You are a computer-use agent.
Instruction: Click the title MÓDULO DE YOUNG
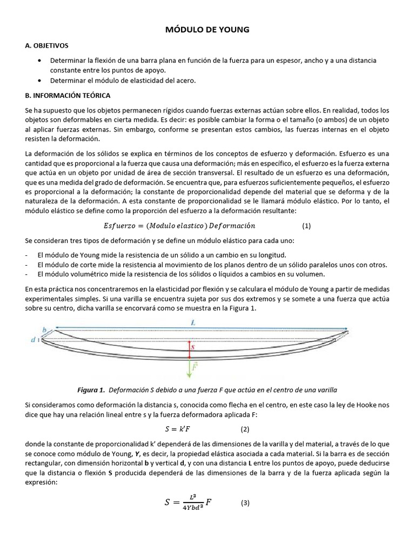pos(207,30)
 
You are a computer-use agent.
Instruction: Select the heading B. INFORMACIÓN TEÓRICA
pos(68,95)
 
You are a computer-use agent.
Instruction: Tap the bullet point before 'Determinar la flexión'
pos(41,61)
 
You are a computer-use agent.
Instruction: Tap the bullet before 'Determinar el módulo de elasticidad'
pos(41,81)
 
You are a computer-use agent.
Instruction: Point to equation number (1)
pos(306,226)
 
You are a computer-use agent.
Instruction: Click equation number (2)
pos(245,430)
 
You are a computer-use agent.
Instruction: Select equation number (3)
pos(245,503)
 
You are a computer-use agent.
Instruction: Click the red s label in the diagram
pos(193,348)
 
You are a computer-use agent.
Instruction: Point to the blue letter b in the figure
pos(44,328)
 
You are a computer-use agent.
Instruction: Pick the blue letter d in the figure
pos(34,340)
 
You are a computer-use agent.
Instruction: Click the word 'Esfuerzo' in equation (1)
pos(122,226)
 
